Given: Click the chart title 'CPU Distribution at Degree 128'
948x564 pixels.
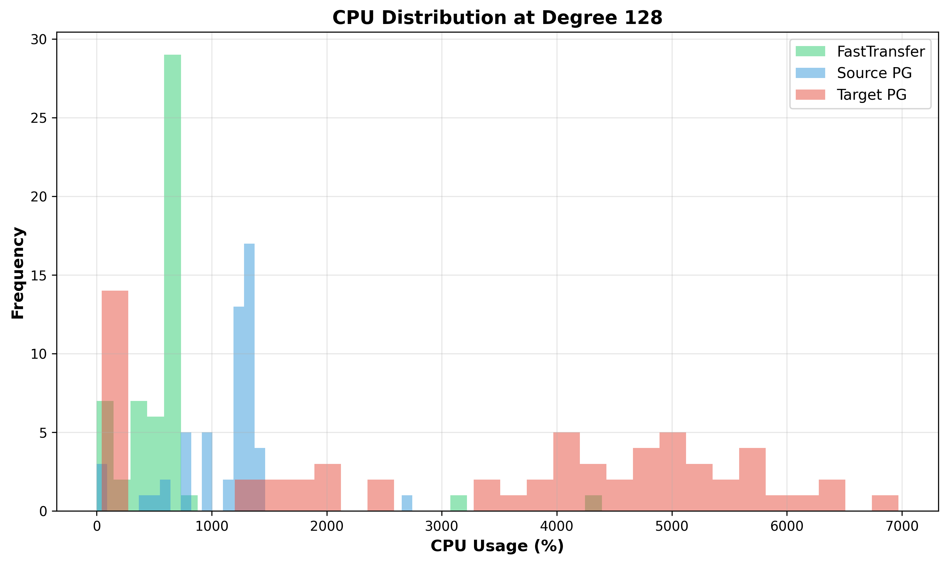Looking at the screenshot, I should point(497,18).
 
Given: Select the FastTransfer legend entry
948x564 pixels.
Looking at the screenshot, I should point(880,52).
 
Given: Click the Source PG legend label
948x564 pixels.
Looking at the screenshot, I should point(874,73).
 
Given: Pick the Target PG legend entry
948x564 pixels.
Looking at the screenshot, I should point(871,95).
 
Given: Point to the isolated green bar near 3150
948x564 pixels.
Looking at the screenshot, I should point(458,503).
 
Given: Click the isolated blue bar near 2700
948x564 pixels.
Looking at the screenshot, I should point(407,503).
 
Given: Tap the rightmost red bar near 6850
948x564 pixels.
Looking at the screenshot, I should point(885,503).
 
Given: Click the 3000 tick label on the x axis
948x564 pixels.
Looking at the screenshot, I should point(442,526).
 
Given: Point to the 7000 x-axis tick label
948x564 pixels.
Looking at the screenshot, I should point(902,526).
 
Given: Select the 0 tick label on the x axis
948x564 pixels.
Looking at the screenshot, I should point(97,526).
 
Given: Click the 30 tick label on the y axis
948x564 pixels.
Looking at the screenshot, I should point(38,40).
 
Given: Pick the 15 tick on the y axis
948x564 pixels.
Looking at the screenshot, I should point(38,276).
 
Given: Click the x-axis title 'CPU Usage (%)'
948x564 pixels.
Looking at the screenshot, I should point(497,546).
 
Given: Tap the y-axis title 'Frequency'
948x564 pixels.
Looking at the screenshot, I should point(18,272).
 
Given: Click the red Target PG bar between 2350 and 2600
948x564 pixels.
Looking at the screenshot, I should point(381,496).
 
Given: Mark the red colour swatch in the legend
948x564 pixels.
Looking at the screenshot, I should point(810,95).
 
